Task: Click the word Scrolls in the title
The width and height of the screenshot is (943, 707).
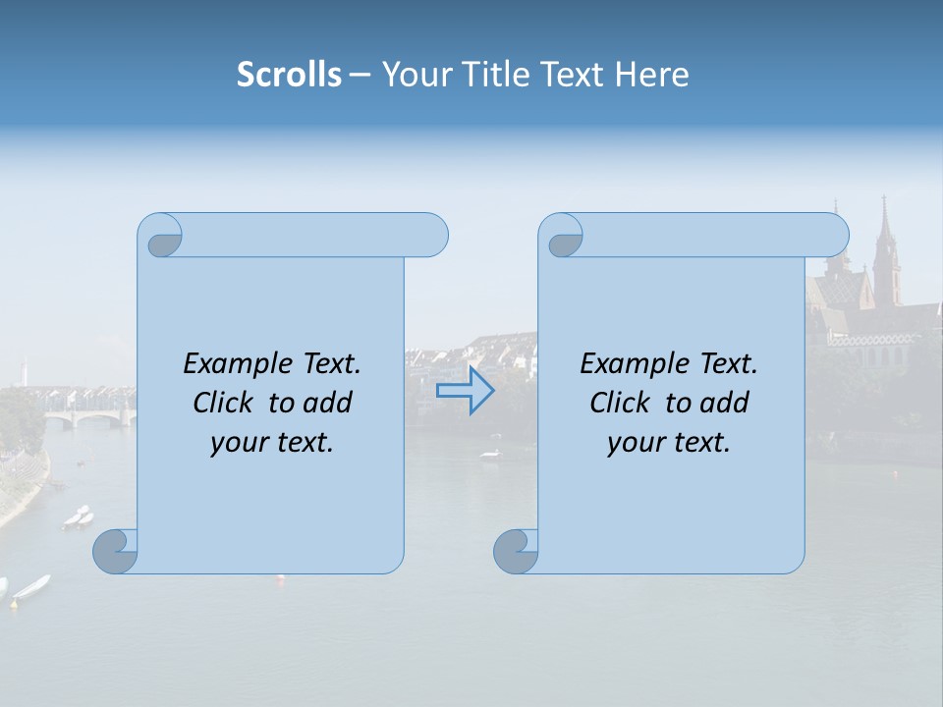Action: click(289, 75)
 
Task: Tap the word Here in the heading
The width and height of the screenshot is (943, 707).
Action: click(651, 75)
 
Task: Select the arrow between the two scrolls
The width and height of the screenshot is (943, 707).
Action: click(465, 391)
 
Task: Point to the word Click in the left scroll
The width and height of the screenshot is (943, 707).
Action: click(224, 403)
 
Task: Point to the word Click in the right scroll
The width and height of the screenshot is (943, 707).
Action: click(620, 403)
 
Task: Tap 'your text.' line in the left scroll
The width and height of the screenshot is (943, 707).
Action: click(272, 443)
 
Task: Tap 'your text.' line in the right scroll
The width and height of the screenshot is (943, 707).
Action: click(669, 443)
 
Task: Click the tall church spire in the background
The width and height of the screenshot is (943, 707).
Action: click(884, 245)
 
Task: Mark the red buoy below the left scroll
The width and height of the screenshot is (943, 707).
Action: click(281, 578)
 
